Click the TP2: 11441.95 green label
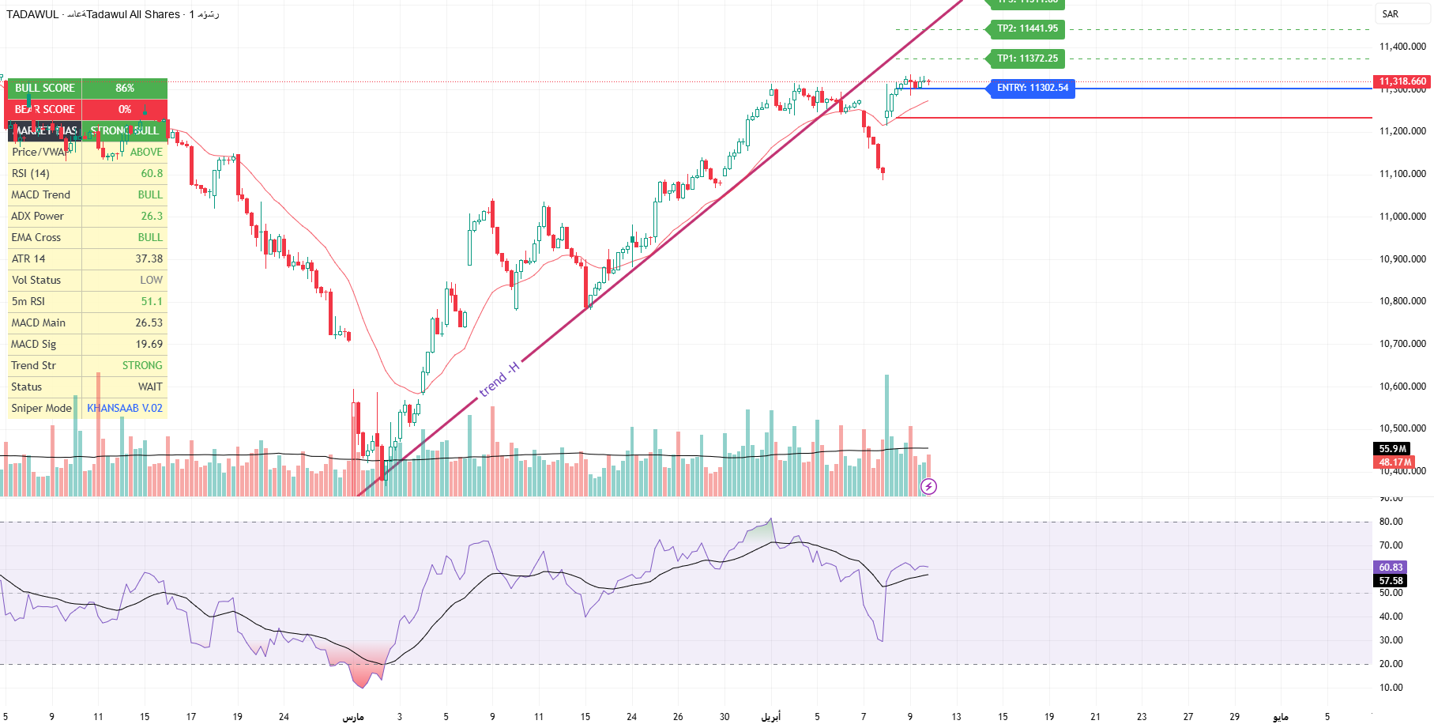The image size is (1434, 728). click(1026, 29)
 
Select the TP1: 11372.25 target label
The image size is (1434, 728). click(1026, 58)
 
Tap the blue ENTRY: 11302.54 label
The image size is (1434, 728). click(1032, 88)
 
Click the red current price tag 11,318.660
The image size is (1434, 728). click(1402, 81)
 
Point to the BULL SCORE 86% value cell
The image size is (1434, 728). click(125, 88)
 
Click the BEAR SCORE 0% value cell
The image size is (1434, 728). click(125, 109)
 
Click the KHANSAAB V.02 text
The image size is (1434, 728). click(125, 408)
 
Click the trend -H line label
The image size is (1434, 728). click(499, 379)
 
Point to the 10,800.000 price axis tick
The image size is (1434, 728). click(1402, 301)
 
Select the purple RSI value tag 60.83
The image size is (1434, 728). click(1391, 568)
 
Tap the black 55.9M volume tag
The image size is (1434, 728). click(1393, 449)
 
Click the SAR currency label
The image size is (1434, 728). click(1391, 14)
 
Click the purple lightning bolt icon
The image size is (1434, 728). click(929, 487)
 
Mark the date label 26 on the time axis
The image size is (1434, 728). click(678, 717)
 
